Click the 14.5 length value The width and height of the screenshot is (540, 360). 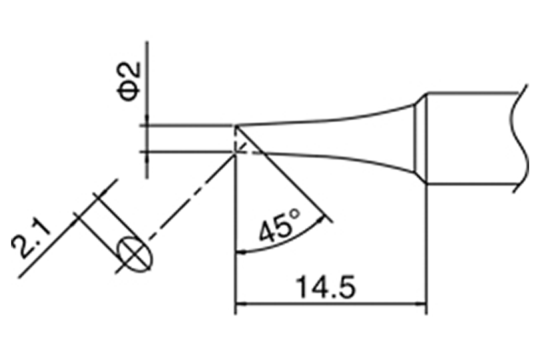point(325,288)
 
